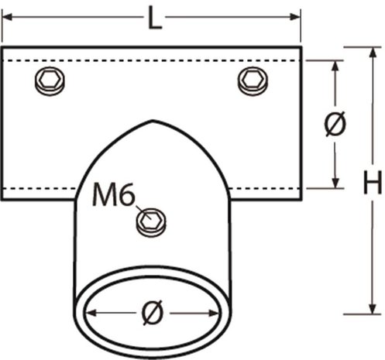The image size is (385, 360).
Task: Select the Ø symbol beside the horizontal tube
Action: (x=335, y=124)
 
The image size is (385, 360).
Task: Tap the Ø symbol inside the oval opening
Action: (x=152, y=313)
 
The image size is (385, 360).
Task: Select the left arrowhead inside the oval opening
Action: (x=90, y=313)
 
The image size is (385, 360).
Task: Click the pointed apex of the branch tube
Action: (x=153, y=121)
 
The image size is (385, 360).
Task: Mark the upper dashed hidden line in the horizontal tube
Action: (x=155, y=60)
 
